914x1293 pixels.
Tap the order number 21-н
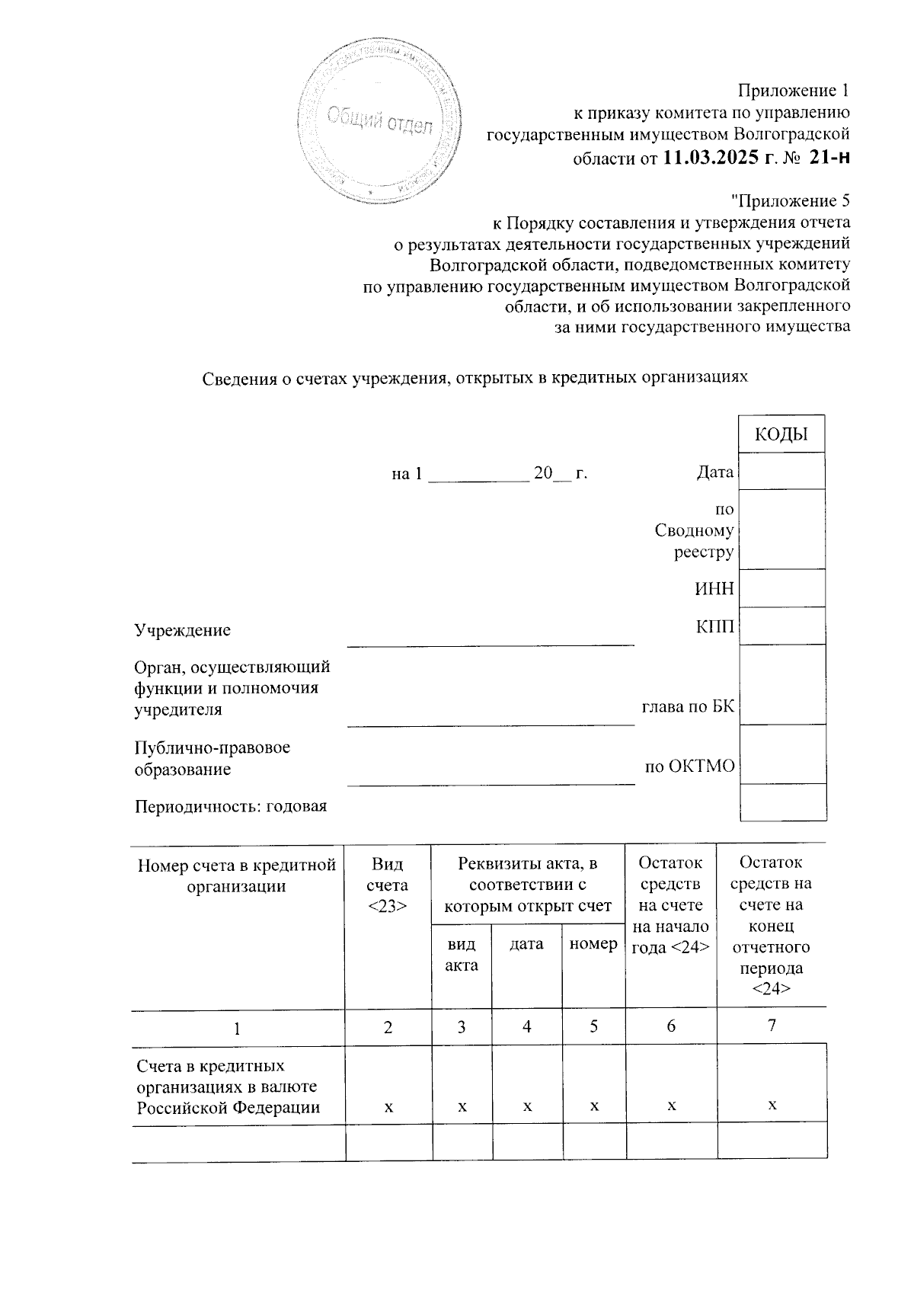(x=828, y=158)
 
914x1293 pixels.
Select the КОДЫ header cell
(x=781, y=434)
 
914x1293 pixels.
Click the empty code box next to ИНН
(x=782, y=588)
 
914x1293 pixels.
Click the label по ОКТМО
(x=689, y=767)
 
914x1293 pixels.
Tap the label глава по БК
(x=688, y=708)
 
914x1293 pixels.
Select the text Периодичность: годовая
(x=231, y=806)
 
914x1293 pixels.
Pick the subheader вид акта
(x=462, y=955)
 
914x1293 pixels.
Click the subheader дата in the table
(x=526, y=944)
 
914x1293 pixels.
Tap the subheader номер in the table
(x=593, y=944)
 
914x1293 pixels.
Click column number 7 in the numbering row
(x=772, y=1026)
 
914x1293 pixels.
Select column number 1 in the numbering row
(x=238, y=1028)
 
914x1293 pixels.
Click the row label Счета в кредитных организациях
(x=227, y=1086)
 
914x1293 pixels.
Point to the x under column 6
(x=671, y=1106)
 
